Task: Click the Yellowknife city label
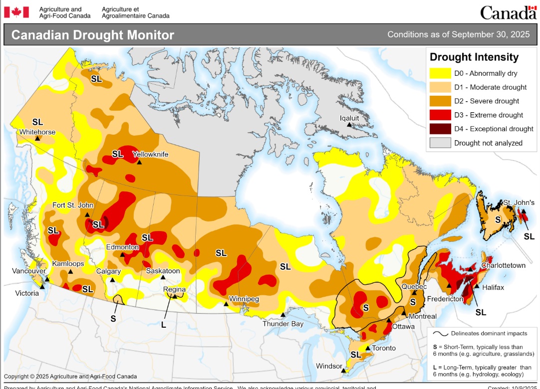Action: pos(150,154)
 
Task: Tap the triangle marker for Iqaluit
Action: pos(349,125)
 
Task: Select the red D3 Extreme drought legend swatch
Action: pos(441,115)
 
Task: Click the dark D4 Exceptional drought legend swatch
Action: pos(441,129)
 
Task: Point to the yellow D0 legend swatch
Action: pos(441,74)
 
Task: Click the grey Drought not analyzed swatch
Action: pos(441,143)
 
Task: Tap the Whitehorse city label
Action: pos(36,132)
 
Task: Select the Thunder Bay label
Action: pos(283,324)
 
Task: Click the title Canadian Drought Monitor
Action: pos(93,35)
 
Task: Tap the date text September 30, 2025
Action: pos(459,34)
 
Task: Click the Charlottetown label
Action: pos(503,265)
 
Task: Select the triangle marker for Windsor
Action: pos(343,371)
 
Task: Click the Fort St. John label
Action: pos(73,205)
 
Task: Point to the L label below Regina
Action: pos(163,325)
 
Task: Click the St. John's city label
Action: pos(519,202)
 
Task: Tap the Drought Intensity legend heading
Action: pos(474,57)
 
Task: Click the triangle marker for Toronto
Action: pos(368,348)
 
